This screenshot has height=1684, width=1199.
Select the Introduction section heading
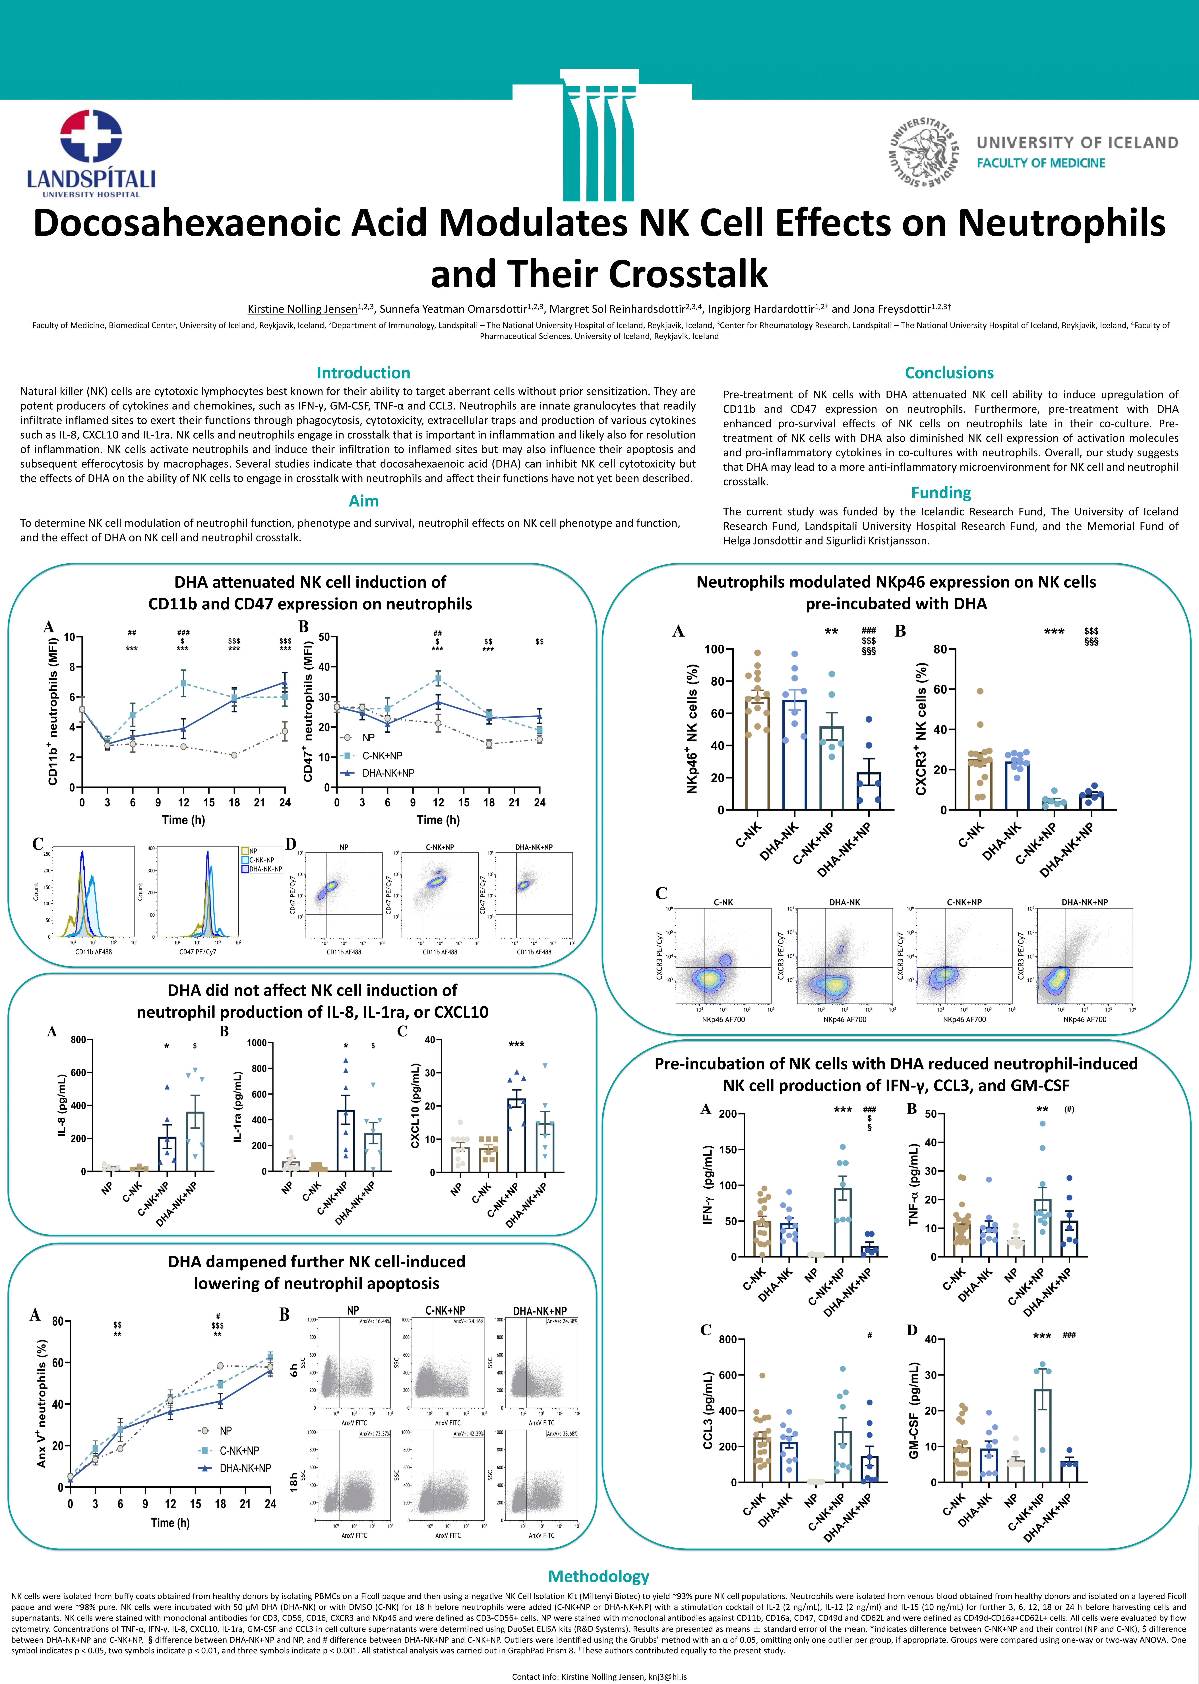click(x=363, y=373)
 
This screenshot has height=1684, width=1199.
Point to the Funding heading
click(x=941, y=493)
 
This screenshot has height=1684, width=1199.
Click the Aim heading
click(x=363, y=501)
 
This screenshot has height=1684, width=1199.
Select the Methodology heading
click(x=599, y=1576)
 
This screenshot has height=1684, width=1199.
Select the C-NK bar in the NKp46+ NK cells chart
click(x=757, y=753)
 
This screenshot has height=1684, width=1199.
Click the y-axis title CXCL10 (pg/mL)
click(x=416, y=1105)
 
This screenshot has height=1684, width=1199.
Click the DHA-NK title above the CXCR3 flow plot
click(x=845, y=902)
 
